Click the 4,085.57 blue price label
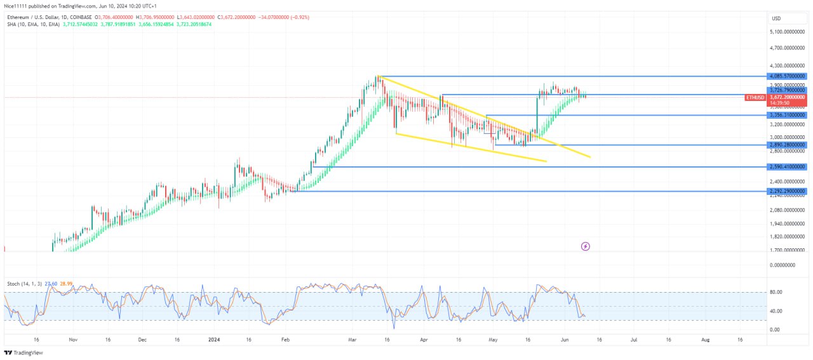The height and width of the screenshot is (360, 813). [x=787, y=76]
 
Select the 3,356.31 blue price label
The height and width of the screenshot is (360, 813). [x=787, y=115]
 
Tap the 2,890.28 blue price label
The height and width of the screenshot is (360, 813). [x=787, y=145]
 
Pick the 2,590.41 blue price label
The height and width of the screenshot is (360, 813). [x=787, y=166]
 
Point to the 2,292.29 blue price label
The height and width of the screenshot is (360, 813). [x=787, y=190]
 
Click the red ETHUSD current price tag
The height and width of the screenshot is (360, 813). [x=755, y=98]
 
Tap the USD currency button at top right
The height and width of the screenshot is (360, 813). [x=776, y=18]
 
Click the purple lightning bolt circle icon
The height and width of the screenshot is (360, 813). [x=586, y=246]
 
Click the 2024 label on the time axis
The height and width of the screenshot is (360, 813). [x=213, y=340]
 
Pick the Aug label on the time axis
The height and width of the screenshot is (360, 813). [x=705, y=340]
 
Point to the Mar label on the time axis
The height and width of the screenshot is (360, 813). [x=352, y=340]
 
